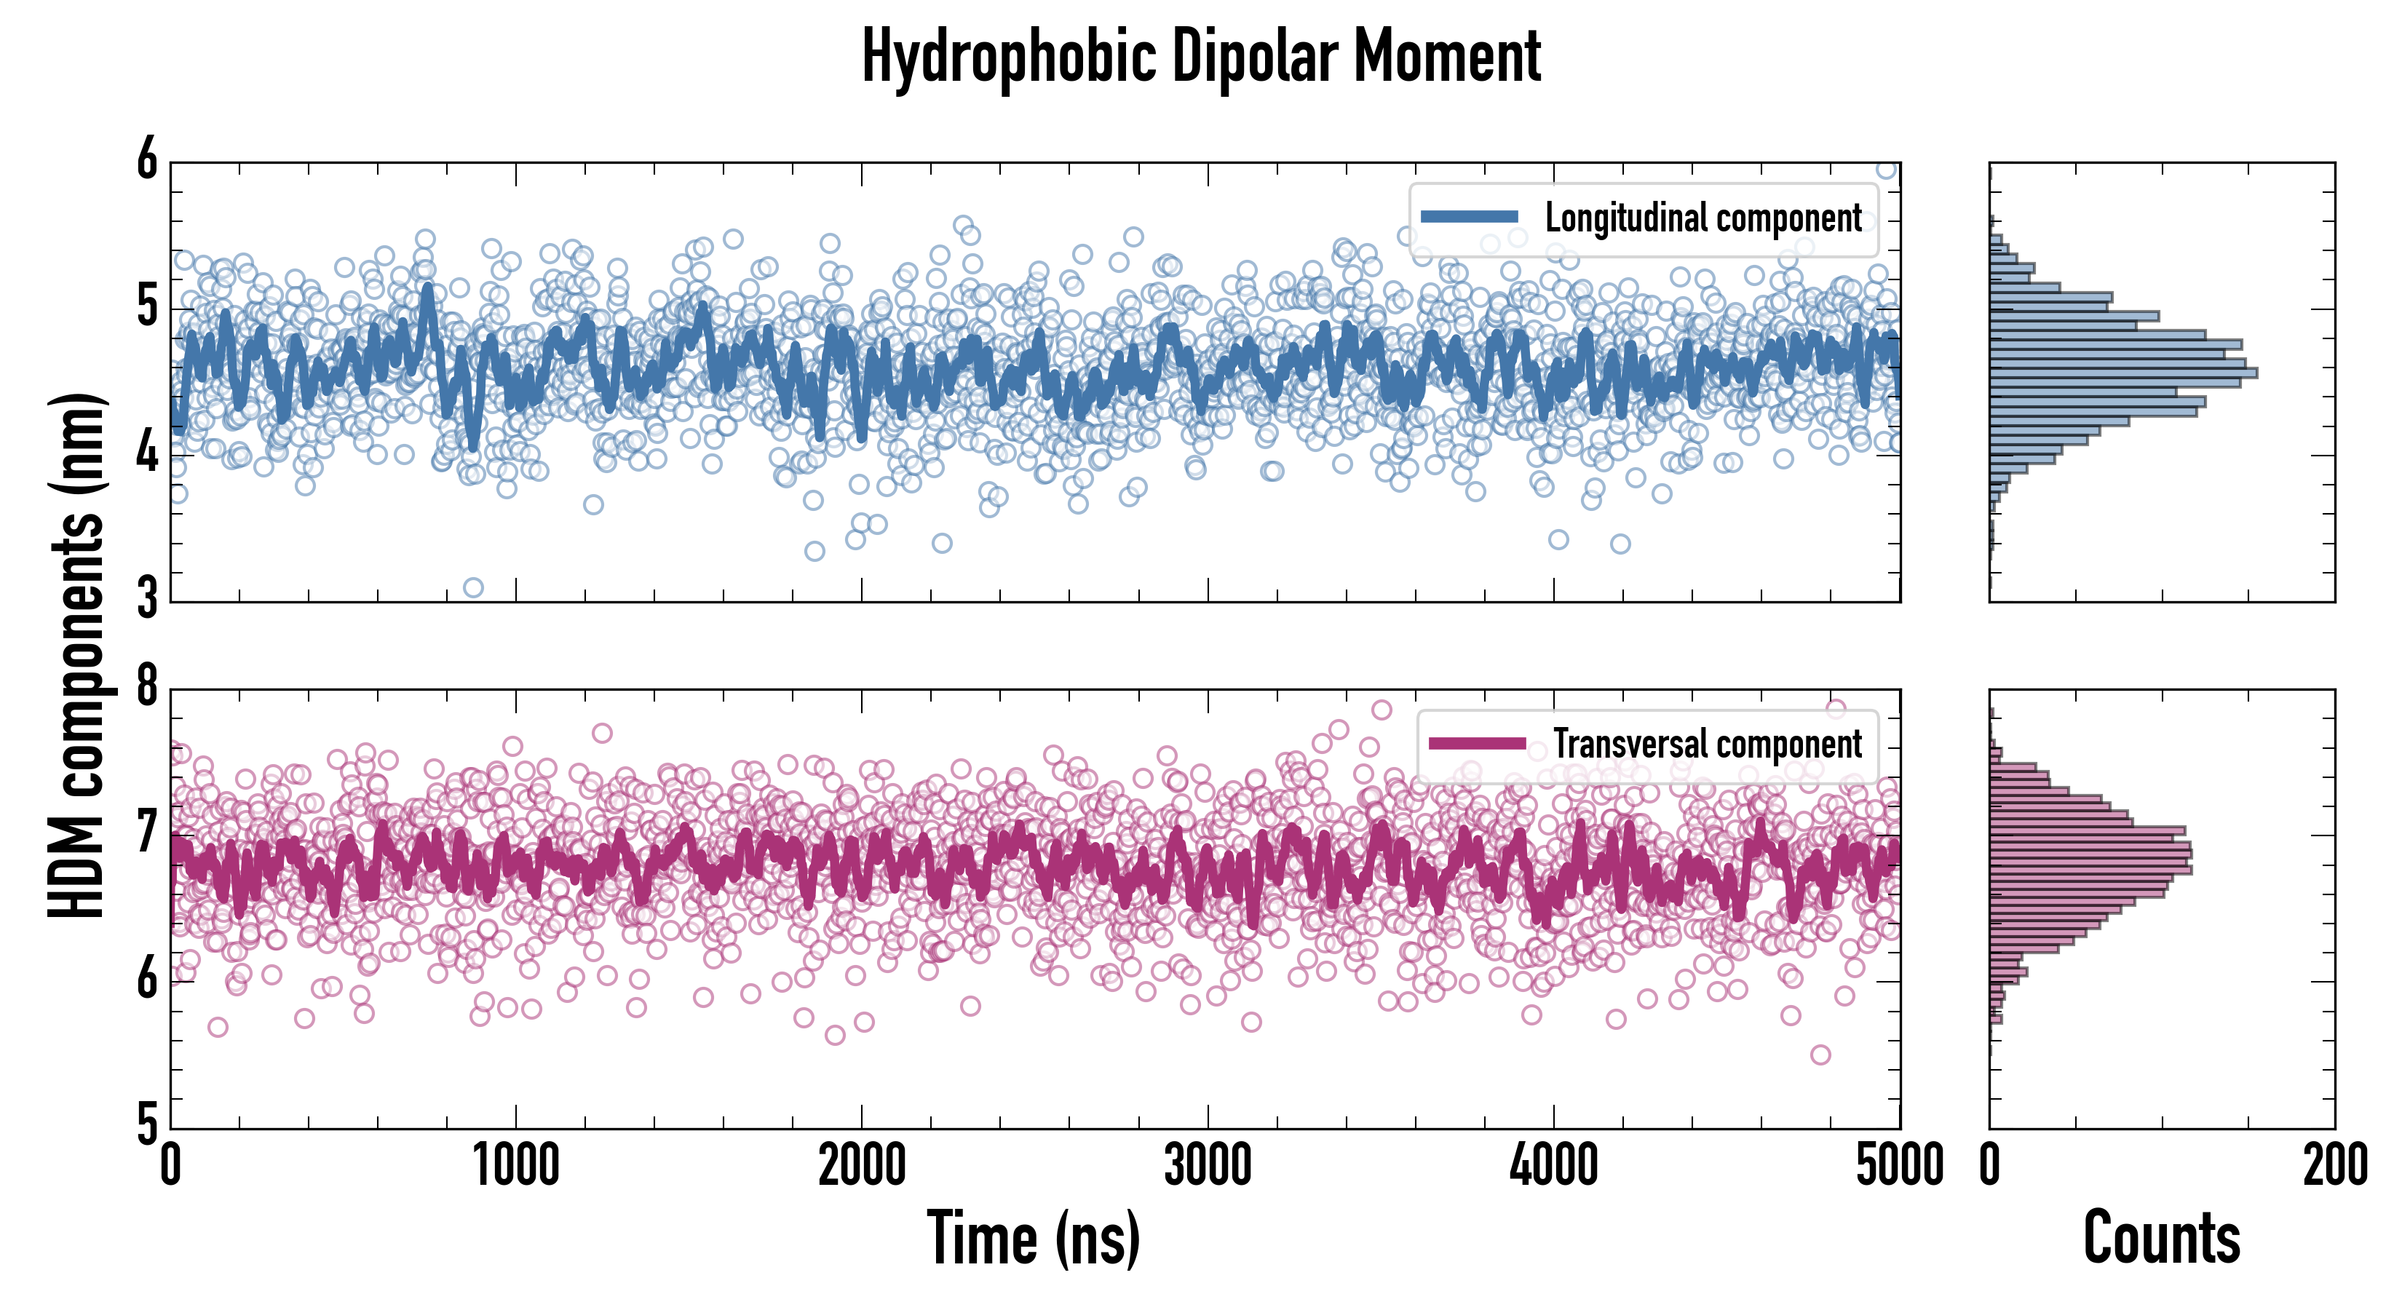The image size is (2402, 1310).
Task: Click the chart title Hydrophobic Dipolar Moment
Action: pos(1201,57)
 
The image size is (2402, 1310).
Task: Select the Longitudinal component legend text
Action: pos(1703,218)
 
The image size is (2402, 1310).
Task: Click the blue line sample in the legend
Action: pos(1469,218)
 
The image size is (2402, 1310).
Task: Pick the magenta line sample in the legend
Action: pos(1477,743)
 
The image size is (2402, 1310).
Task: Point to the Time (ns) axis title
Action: pos(1033,1238)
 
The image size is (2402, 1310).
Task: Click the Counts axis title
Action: pos(2161,1238)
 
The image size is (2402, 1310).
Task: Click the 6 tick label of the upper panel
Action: pos(147,160)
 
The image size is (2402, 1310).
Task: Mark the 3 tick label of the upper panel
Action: pos(147,598)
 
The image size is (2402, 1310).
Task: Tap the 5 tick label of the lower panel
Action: pos(147,1125)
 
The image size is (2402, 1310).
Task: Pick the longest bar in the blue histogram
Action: pos(2122,373)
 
